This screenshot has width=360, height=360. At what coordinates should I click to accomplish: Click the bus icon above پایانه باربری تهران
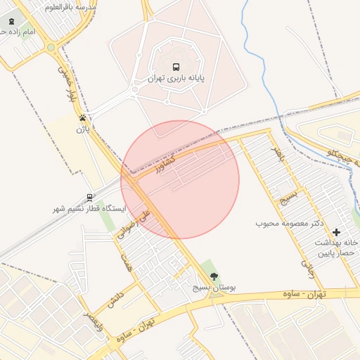176,67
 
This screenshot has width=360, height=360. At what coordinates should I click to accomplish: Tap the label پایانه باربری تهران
176,79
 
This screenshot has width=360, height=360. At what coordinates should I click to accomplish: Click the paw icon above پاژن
83,118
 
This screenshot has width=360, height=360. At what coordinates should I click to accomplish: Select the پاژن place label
83,129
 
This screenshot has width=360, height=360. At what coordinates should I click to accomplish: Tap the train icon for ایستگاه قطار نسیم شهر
89,198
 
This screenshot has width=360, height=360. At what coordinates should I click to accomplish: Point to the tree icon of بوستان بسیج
214,276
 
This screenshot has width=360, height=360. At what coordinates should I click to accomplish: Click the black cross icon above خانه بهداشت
336,231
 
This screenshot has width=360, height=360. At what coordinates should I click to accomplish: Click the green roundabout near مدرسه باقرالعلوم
51,48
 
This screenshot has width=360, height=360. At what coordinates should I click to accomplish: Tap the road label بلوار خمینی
67,83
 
